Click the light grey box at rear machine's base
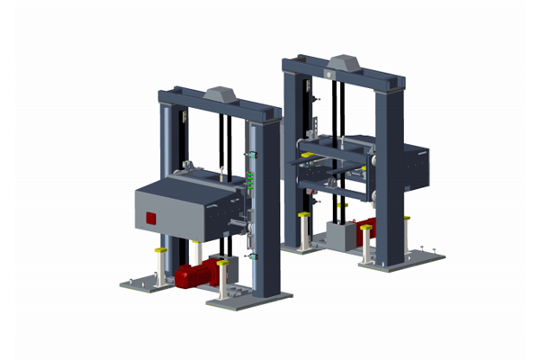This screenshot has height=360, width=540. tap(341, 237)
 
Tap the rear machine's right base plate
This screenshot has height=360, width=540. tap(405, 260)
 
